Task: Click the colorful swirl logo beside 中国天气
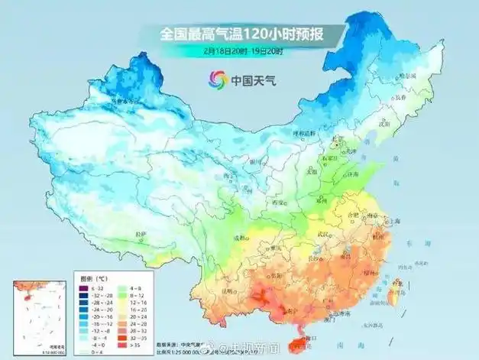pos(218,77)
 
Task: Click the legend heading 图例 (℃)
pos(92,269)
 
